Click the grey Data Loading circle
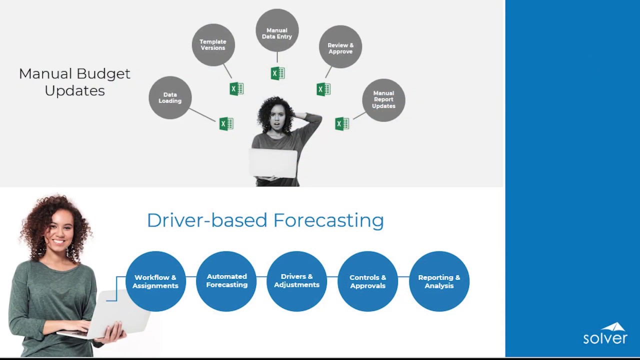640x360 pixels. [x=170, y=98]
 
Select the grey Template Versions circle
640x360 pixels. [x=213, y=45]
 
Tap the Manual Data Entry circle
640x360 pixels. [x=277, y=30]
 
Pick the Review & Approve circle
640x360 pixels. [x=340, y=47]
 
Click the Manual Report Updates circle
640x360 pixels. [x=383, y=100]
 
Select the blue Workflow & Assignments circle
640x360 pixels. [x=155, y=281]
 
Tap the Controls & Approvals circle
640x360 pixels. [x=368, y=281]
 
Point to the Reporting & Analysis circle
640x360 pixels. [x=439, y=281]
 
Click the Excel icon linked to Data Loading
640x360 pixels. [x=226, y=123]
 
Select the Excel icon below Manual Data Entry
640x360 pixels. [x=277, y=73]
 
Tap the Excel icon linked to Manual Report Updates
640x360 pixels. [x=342, y=123]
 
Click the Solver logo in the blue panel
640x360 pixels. [x=605, y=334]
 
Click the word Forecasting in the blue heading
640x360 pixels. [x=328, y=220]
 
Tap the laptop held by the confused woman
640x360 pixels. [x=273, y=163]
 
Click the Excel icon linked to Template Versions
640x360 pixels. [x=236, y=89]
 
